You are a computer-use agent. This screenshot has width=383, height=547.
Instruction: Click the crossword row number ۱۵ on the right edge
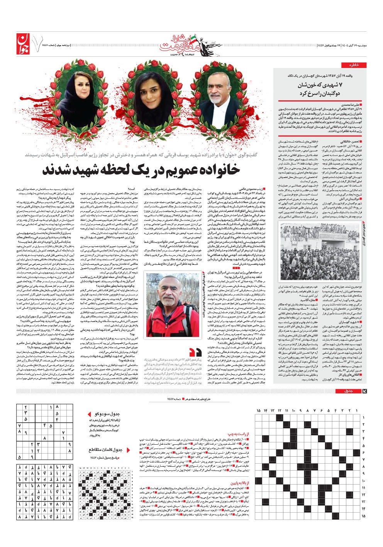coord(363,515)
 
